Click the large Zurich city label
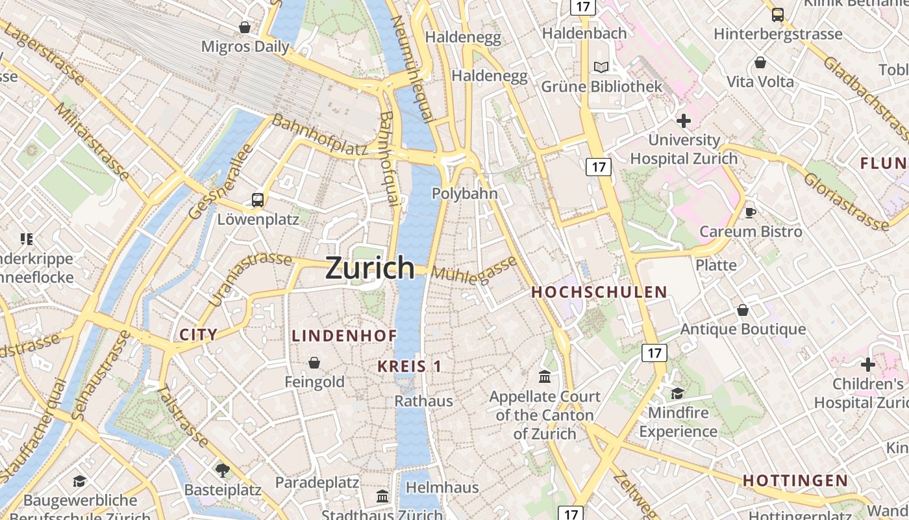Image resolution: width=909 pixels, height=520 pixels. pyautogui.click(x=369, y=268)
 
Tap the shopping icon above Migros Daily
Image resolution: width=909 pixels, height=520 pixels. pyautogui.click(x=245, y=27)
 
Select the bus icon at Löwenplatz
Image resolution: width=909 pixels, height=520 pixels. pyautogui.click(x=258, y=200)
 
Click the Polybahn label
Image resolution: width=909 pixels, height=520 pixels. pyautogui.click(x=465, y=194)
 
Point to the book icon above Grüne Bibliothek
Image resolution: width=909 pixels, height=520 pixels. pyautogui.click(x=602, y=67)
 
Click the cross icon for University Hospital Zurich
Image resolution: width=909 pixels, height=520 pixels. pyautogui.click(x=683, y=121)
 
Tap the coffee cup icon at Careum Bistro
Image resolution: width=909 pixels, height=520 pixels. pyautogui.click(x=751, y=212)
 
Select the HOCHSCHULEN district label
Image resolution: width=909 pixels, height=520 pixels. pyautogui.click(x=599, y=292)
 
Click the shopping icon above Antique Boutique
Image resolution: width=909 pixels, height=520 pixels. pyautogui.click(x=743, y=310)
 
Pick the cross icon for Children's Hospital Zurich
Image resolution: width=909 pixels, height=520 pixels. pyautogui.click(x=868, y=365)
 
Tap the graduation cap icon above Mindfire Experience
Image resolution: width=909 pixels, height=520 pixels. pyautogui.click(x=677, y=393)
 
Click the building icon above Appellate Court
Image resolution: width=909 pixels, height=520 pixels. pyautogui.click(x=545, y=376)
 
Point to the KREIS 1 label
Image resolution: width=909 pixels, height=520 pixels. pyautogui.click(x=410, y=367)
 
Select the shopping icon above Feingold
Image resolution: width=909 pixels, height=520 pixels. pyautogui.click(x=314, y=363)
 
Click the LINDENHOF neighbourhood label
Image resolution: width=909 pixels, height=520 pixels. pyautogui.click(x=344, y=336)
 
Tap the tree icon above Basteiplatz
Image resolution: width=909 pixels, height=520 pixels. pyautogui.click(x=223, y=470)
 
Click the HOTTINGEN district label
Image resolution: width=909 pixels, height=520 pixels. pyautogui.click(x=795, y=481)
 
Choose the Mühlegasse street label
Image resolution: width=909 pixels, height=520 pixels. pyautogui.click(x=475, y=269)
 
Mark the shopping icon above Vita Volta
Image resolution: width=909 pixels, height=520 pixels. pyautogui.click(x=760, y=62)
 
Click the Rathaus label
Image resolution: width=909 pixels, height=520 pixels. pyautogui.click(x=424, y=401)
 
